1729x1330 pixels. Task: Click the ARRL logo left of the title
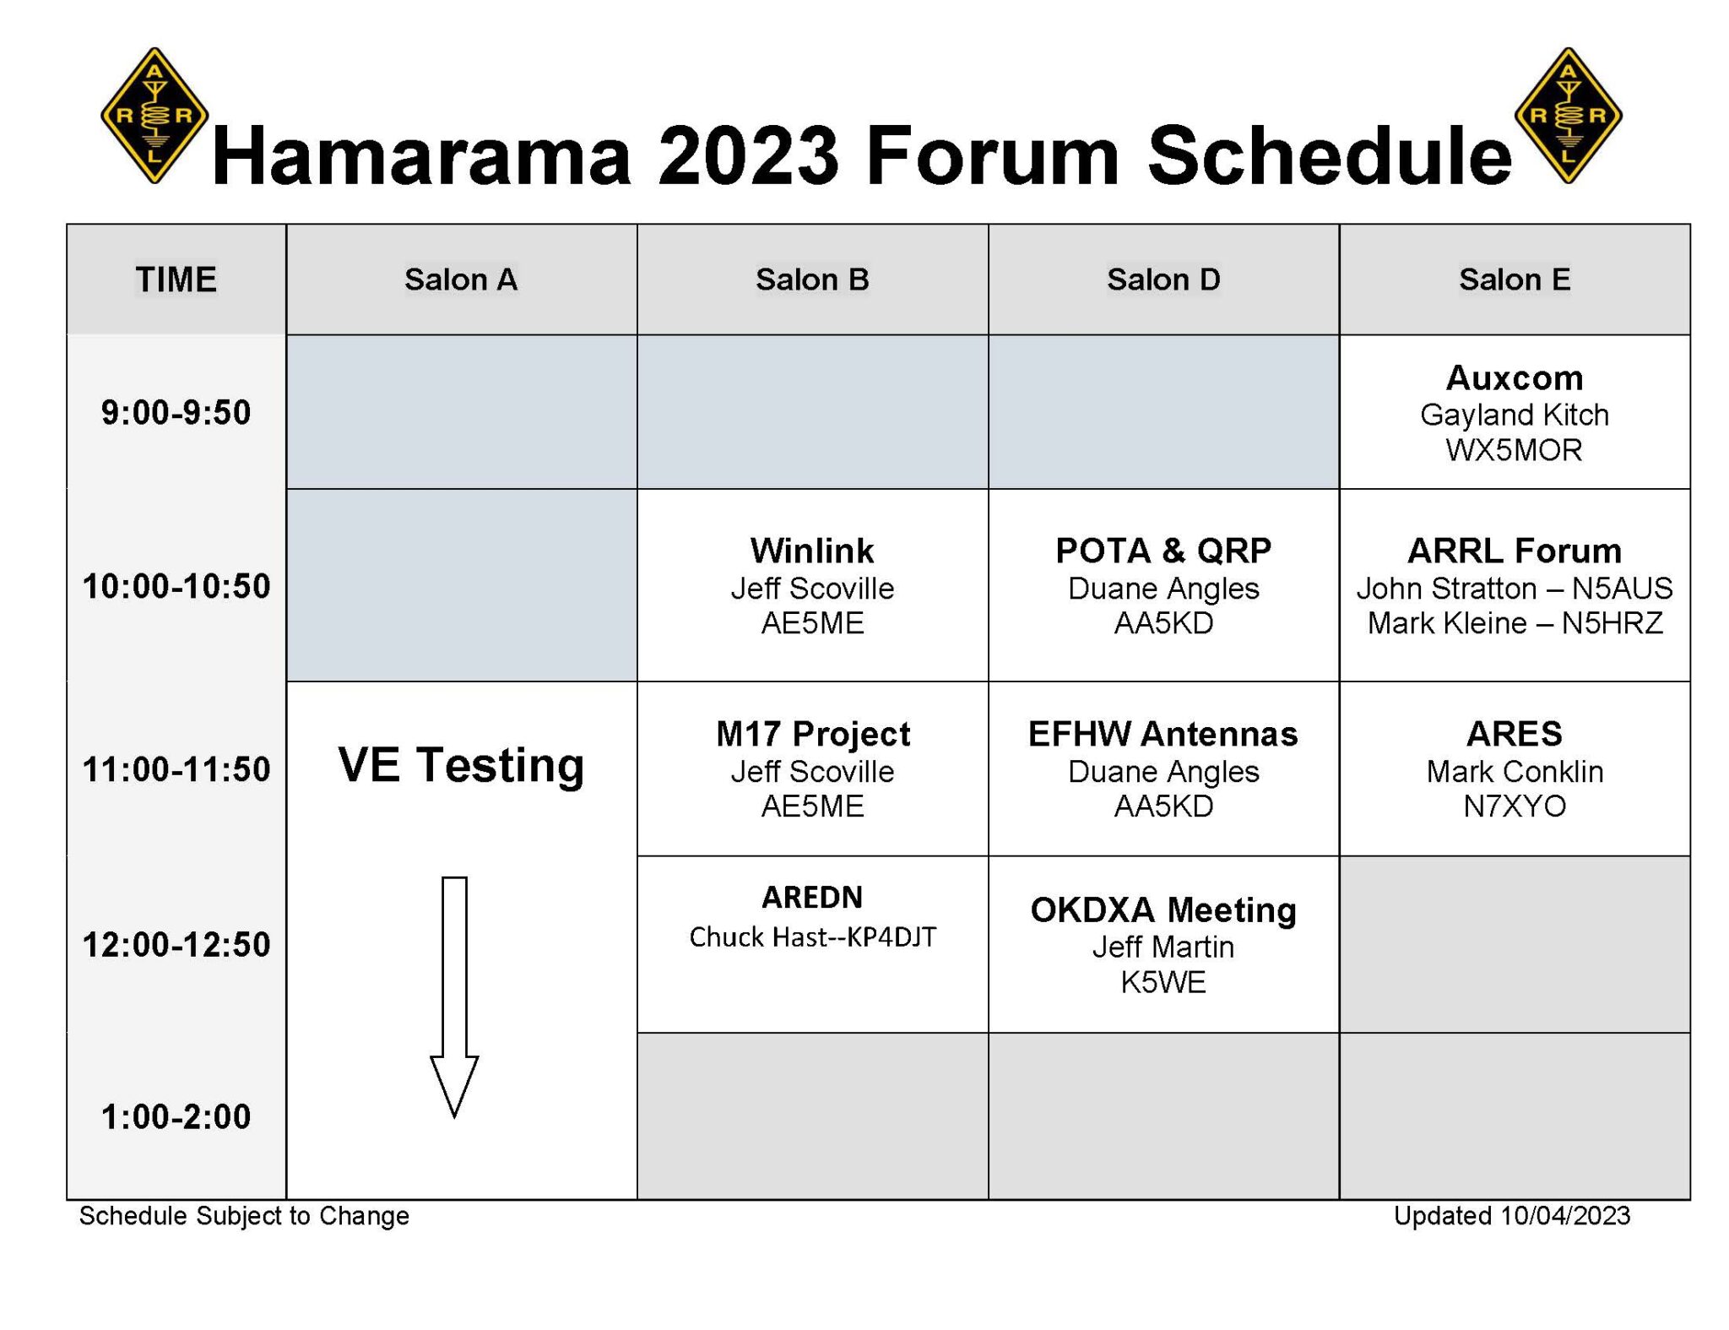154,116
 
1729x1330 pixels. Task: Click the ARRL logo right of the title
1568,116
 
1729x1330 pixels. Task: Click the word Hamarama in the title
421,156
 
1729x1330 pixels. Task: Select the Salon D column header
1163,280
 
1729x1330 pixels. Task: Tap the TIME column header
176,280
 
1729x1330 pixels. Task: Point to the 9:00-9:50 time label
176,413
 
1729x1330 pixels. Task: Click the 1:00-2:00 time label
176,1116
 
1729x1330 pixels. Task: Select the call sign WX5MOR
1514,450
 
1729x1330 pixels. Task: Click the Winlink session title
811,551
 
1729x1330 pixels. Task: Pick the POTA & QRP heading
1163,551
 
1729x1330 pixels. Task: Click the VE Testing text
461,765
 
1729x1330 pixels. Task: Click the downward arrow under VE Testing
454,996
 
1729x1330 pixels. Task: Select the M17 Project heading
812,734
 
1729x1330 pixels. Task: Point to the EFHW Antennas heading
1163,734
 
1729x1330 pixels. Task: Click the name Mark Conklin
1514,771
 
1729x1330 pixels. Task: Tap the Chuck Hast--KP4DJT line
812,936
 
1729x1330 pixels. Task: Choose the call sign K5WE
1163,982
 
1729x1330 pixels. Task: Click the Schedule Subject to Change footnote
244,1215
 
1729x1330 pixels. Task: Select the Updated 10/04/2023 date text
1511,1215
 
